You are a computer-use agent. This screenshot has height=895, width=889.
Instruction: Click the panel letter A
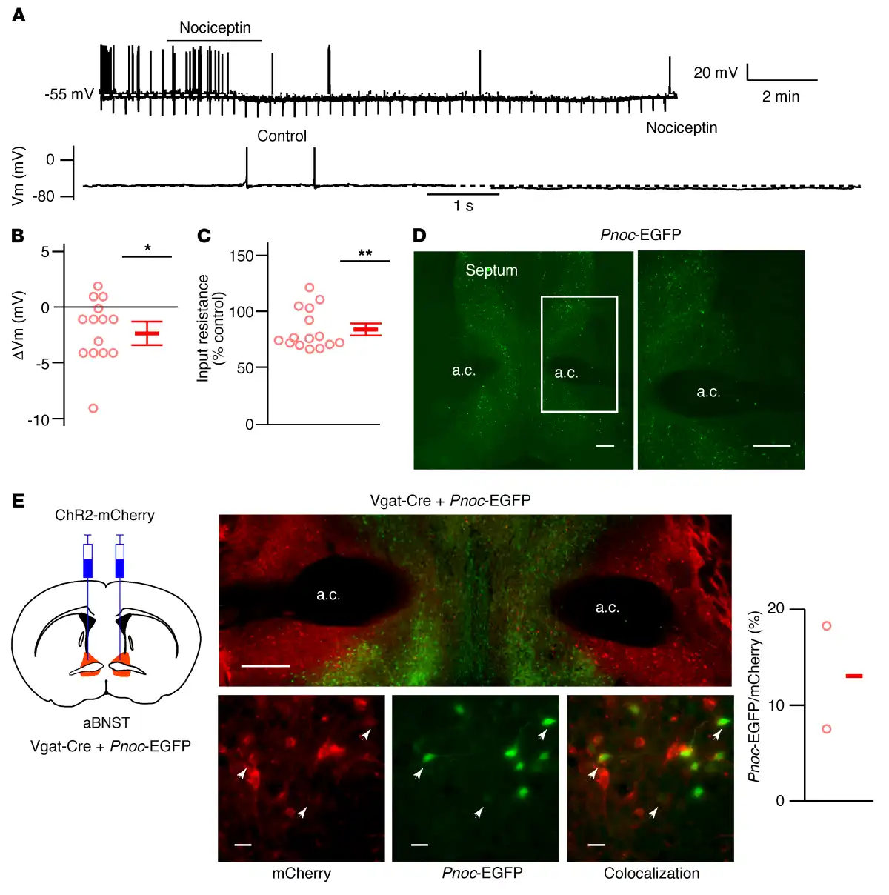pos(19,15)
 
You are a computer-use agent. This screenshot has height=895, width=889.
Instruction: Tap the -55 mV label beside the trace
pos(69,94)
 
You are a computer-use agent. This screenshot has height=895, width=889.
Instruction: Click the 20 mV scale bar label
pos(715,73)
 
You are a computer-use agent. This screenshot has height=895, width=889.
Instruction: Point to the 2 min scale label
pos(781,96)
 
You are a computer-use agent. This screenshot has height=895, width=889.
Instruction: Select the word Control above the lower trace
pos(282,136)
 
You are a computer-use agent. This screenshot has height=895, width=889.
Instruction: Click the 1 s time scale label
pos(463,206)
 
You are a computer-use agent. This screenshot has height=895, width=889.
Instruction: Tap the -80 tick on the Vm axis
pos(45,196)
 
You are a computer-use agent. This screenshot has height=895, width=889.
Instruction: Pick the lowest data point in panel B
pos(93,408)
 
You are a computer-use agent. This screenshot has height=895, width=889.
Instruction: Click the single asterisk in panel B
pos(147,248)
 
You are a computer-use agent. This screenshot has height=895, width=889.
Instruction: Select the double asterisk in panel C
pos(364,253)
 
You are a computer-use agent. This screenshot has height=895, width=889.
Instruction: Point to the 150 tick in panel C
pos(241,256)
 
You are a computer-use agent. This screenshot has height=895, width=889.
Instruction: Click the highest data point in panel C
pos(310,287)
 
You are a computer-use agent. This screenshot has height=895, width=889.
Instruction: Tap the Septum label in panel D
pos(491,270)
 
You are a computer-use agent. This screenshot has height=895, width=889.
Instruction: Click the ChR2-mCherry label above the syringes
pos(104,515)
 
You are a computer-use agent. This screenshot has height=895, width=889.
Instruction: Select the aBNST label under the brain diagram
pos(107,722)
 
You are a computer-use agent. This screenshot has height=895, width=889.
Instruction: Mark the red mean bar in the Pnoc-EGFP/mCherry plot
pos(854,676)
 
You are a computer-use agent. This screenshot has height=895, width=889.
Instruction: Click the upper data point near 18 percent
pos(827,626)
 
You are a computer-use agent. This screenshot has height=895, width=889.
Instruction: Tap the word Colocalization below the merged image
pos(651,873)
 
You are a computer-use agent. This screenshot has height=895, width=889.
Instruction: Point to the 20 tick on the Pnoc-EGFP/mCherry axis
pos(776,608)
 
